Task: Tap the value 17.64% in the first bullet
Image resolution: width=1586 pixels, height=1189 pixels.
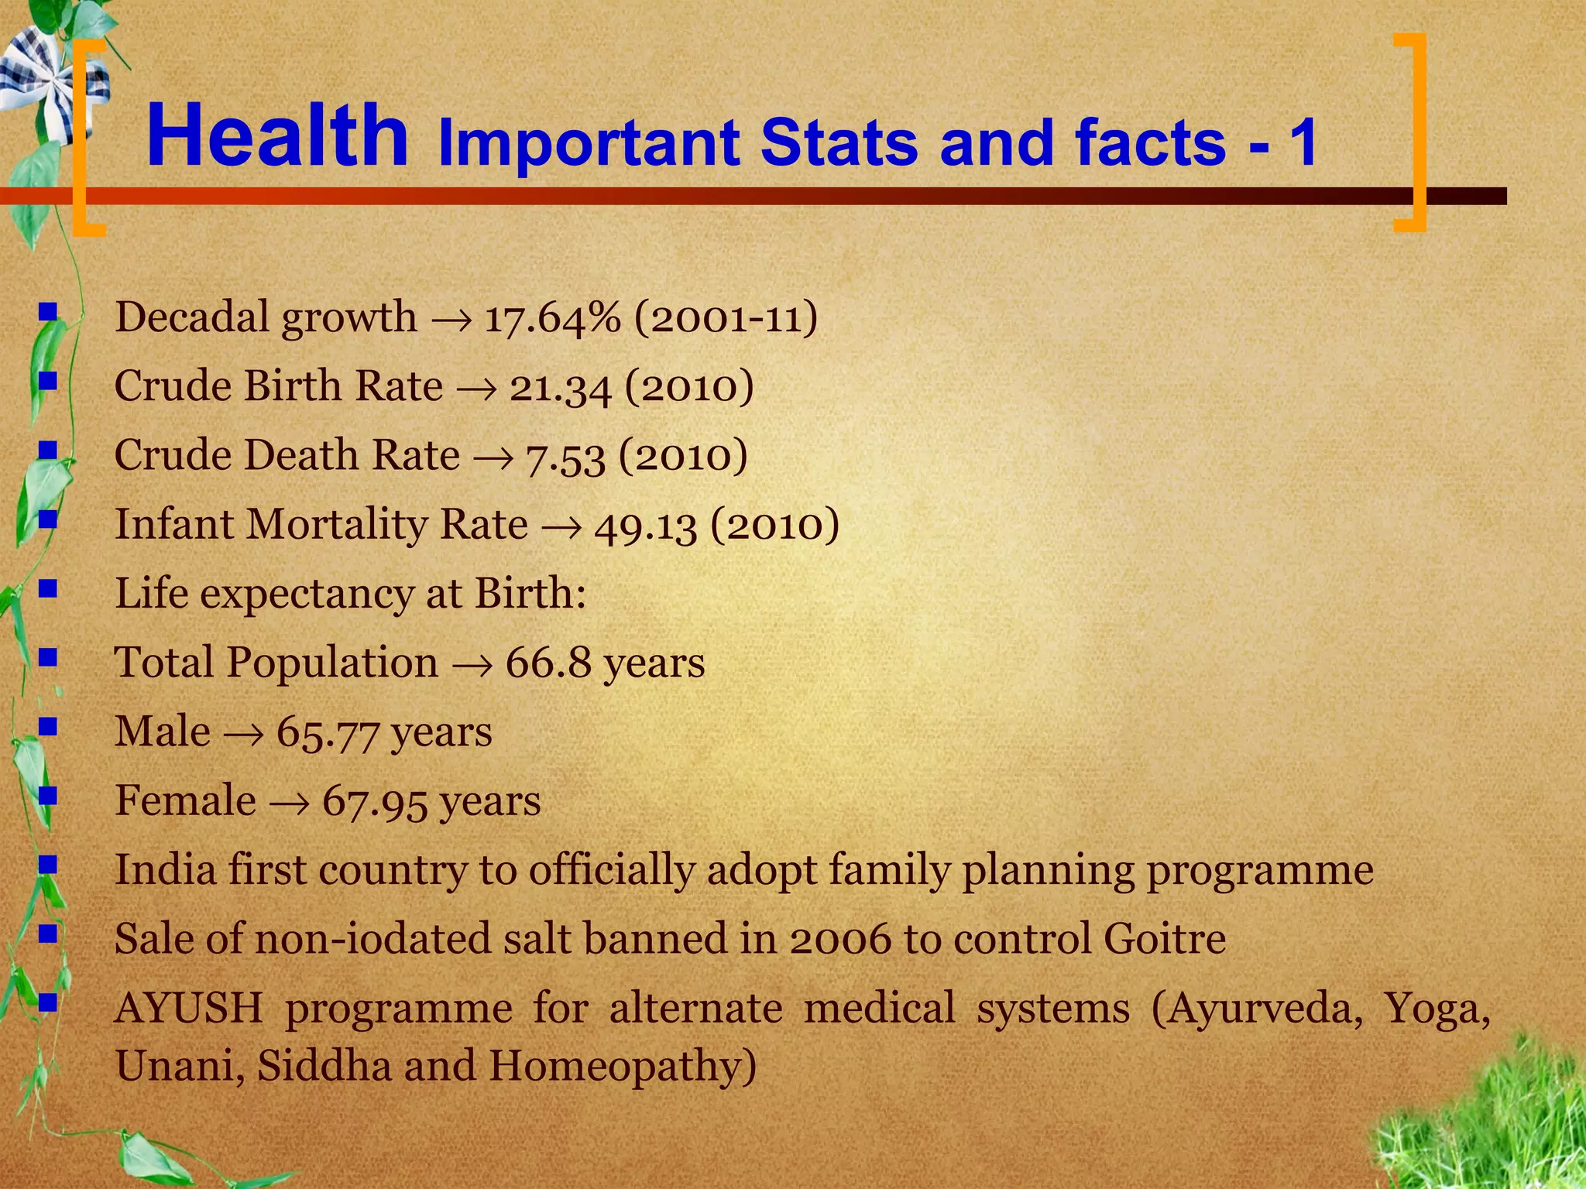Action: pos(552,317)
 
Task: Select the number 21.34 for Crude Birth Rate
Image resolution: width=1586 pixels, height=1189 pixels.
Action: pos(560,386)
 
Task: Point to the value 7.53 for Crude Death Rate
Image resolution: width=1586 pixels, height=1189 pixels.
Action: pos(565,456)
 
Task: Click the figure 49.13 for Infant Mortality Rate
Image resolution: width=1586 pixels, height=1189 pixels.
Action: pos(645,525)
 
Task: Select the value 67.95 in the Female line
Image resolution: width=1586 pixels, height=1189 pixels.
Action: pos(374,801)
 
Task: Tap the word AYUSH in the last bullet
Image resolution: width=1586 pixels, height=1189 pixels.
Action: pos(189,1009)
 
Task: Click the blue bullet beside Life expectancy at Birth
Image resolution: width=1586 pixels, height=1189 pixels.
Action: pos(49,590)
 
